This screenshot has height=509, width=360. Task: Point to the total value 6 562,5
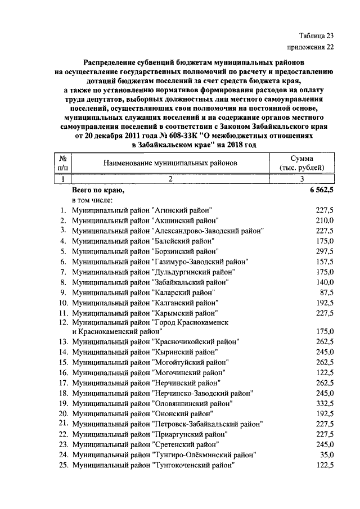click(x=321, y=190)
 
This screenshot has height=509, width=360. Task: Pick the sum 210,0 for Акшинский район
click(x=325, y=219)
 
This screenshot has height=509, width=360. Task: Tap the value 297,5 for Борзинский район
click(x=325, y=251)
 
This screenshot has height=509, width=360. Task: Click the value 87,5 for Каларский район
click(x=327, y=292)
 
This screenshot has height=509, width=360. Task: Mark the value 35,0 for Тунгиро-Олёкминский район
click(x=327, y=454)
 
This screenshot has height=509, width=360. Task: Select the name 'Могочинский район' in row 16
click(x=189, y=372)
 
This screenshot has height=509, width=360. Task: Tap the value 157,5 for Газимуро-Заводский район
click(x=325, y=262)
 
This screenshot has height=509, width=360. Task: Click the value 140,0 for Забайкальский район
click(x=325, y=282)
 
